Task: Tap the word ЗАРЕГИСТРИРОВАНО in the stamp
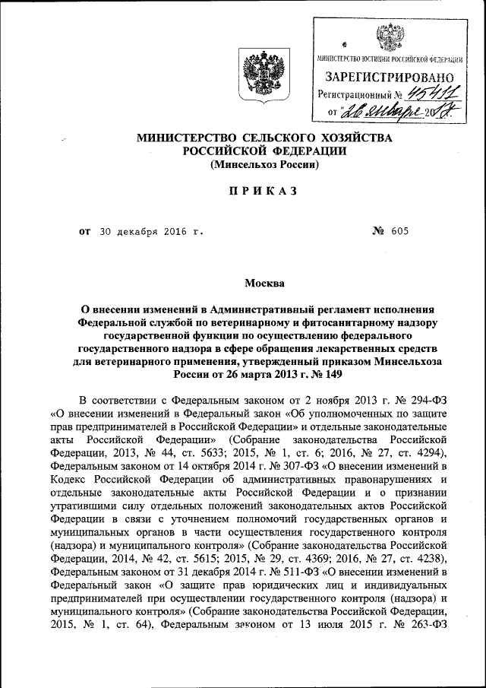(390, 78)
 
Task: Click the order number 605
(400, 231)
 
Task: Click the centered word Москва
(264, 284)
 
